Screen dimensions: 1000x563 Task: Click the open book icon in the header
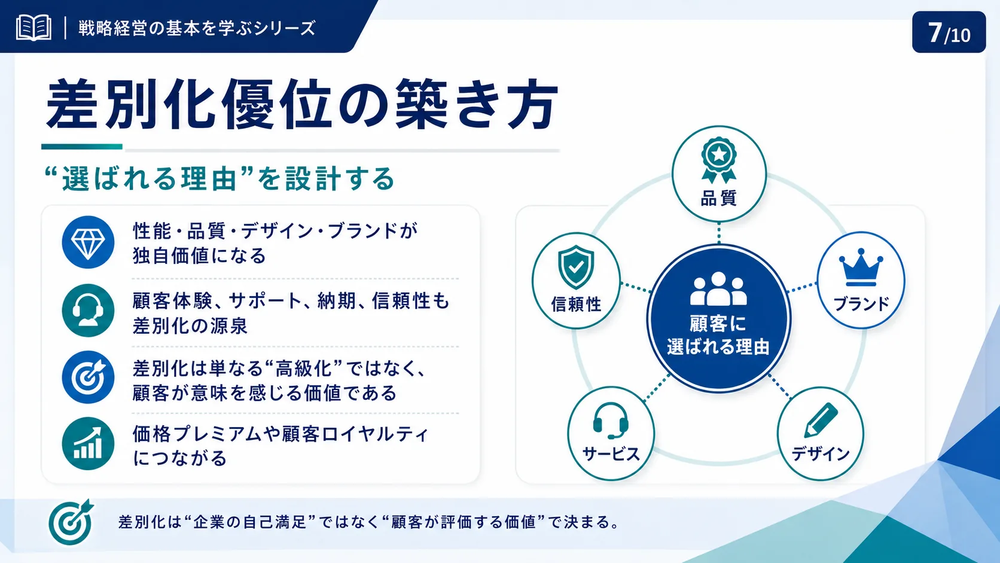(x=33, y=28)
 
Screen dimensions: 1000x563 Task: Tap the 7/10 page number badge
(x=949, y=32)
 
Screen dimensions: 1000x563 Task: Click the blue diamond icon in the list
(x=88, y=242)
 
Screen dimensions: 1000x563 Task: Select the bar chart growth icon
(x=88, y=444)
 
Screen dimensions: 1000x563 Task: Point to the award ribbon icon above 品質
(x=719, y=160)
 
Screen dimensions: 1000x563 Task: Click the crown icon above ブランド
(x=861, y=267)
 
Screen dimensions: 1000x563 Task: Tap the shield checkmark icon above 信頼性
(x=576, y=267)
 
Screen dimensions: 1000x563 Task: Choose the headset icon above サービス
(x=611, y=421)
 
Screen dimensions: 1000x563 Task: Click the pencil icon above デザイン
(x=821, y=420)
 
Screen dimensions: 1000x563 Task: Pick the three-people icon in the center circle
(x=718, y=289)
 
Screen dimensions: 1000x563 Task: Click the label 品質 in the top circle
(x=719, y=198)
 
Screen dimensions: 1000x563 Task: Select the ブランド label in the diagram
(x=861, y=304)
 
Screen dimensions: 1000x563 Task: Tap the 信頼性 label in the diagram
(x=577, y=305)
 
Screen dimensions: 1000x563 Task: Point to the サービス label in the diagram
(x=611, y=454)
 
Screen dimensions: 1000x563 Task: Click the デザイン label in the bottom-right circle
(x=821, y=454)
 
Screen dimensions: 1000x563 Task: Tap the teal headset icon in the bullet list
(x=88, y=311)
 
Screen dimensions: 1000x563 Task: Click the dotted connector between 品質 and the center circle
(x=719, y=233)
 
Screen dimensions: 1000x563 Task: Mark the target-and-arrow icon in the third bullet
(x=88, y=378)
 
